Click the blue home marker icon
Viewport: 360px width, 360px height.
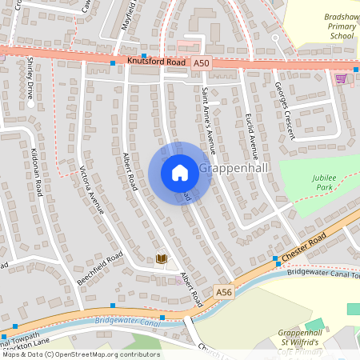pos(180,173)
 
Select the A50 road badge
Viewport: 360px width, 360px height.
pos(201,63)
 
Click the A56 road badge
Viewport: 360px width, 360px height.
pos(225,294)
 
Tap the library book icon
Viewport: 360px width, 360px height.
pos(162,258)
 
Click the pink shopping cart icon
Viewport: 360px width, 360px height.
pos(341,78)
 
